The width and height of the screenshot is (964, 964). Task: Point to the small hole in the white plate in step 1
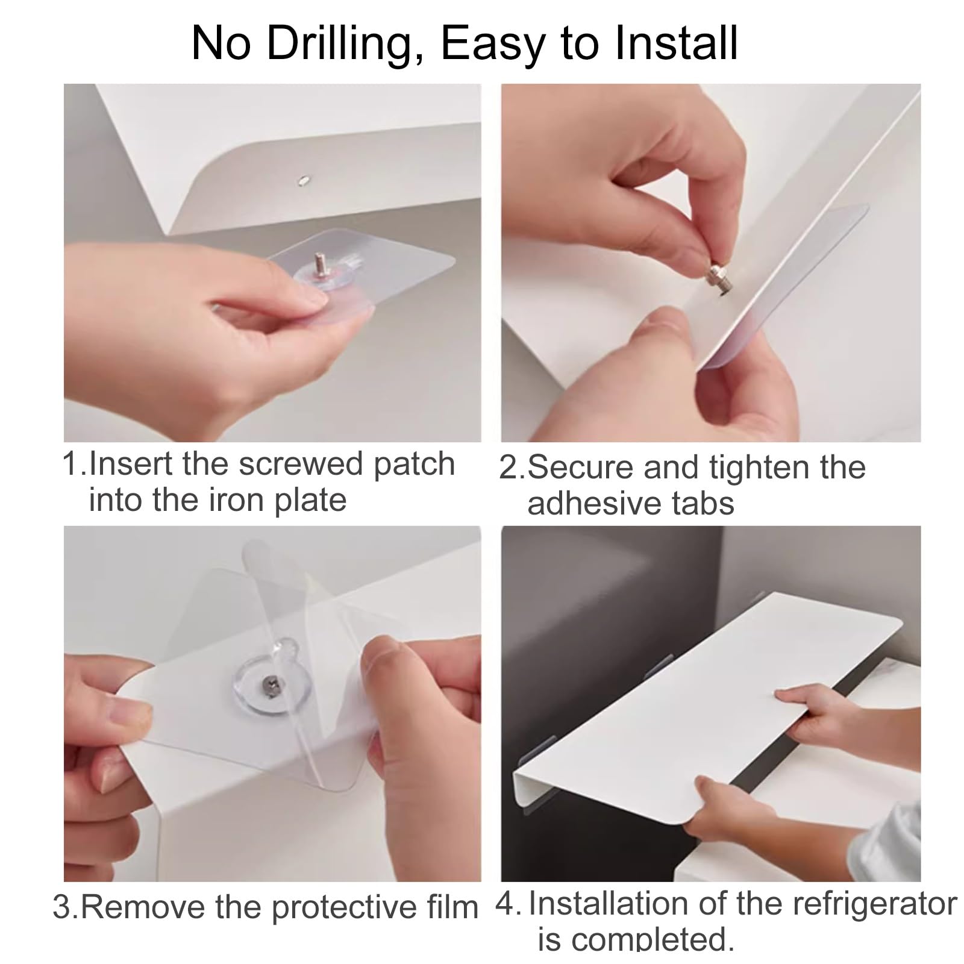click(x=304, y=178)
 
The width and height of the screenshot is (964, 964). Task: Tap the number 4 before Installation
click(x=505, y=905)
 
